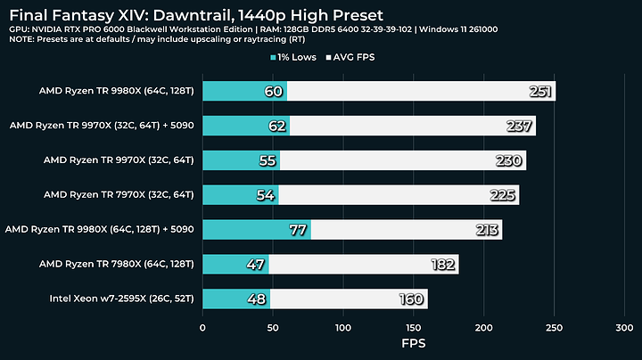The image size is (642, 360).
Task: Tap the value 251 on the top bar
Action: pos(539,91)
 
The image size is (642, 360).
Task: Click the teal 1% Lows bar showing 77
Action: pos(256,230)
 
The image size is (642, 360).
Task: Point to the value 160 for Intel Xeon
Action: pos(410,299)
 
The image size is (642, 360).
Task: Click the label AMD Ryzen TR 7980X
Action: pos(117,264)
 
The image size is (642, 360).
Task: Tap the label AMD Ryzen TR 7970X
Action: pos(119,195)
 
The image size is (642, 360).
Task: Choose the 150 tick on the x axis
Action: pos(413,328)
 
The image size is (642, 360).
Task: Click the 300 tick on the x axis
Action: pos(623,328)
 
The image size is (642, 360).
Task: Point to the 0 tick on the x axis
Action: pos(202,328)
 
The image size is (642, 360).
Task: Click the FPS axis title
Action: pos(413,343)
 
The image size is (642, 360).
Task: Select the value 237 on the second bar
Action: pos(519,126)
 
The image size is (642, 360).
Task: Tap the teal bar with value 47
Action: pos(235,264)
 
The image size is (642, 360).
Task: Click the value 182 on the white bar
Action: pos(441,264)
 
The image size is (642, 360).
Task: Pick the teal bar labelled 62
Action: pos(245,126)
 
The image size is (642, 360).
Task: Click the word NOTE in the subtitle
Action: pos(24,42)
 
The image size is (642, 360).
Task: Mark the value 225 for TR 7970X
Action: pos(502,195)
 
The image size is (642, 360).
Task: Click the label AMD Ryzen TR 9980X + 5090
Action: pos(100,230)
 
